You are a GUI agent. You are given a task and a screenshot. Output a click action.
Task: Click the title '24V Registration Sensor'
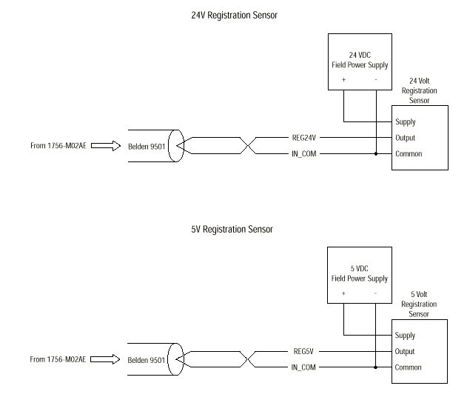[234, 15]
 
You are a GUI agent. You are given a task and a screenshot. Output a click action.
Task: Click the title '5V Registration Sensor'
[232, 229]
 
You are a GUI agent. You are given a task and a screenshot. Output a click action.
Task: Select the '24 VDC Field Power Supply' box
[359, 62]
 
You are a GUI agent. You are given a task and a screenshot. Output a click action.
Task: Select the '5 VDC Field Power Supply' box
[359, 276]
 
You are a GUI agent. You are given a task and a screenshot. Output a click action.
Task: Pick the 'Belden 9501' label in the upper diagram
[147, 146]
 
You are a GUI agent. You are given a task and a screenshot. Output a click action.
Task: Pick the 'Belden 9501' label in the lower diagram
[147, 359]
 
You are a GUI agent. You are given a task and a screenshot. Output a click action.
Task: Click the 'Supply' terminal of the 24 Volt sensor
[406, 122]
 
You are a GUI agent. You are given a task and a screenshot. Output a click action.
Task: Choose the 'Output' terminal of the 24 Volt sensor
[406, 138]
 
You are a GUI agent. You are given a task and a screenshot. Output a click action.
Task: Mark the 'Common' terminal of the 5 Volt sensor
[409, 367]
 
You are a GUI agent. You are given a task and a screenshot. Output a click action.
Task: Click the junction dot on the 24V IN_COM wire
[376, 154]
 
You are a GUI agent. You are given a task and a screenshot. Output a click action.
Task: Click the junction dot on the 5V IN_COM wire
[376, 367]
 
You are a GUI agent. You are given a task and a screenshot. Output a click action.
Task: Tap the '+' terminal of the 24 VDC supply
[343, 79]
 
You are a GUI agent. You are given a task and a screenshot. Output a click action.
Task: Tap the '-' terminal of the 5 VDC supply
[376, 293]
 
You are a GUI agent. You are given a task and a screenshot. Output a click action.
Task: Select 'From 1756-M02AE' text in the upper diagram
[58, 146]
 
